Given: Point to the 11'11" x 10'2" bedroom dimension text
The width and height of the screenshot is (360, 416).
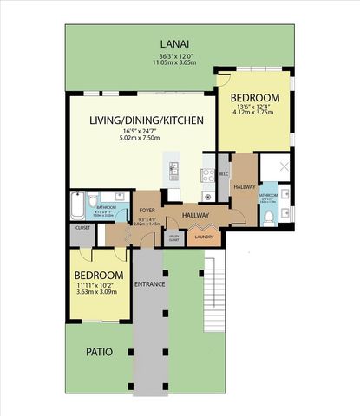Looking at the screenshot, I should click(x=98, y=285).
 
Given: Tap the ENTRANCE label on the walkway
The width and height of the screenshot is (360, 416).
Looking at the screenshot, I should click(x=149, y=284).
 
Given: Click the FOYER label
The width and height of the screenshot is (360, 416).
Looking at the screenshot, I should click(x=147, y=210).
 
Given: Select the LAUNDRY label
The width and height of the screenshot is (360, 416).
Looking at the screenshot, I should click(x=204, y=237).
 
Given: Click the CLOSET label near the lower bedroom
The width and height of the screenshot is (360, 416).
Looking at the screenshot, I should click(x=83, y=228).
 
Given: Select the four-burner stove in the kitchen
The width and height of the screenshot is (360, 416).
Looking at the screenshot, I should click(x=208, y=175).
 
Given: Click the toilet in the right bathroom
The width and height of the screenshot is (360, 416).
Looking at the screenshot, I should click(x=269, y=217).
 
